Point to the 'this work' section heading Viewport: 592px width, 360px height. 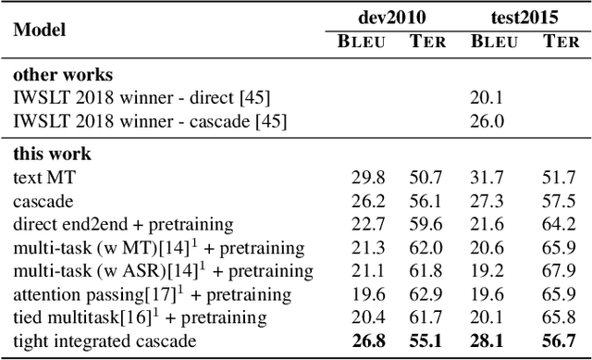click(52, 154)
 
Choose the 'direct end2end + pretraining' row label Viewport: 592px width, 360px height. click(123, 224)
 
